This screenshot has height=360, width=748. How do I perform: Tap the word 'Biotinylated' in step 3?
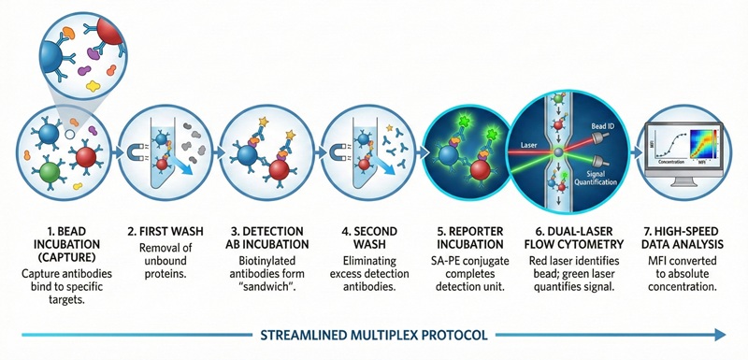[x=255, y=265]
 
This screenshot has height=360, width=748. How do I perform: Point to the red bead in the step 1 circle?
[x=86, y=155]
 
